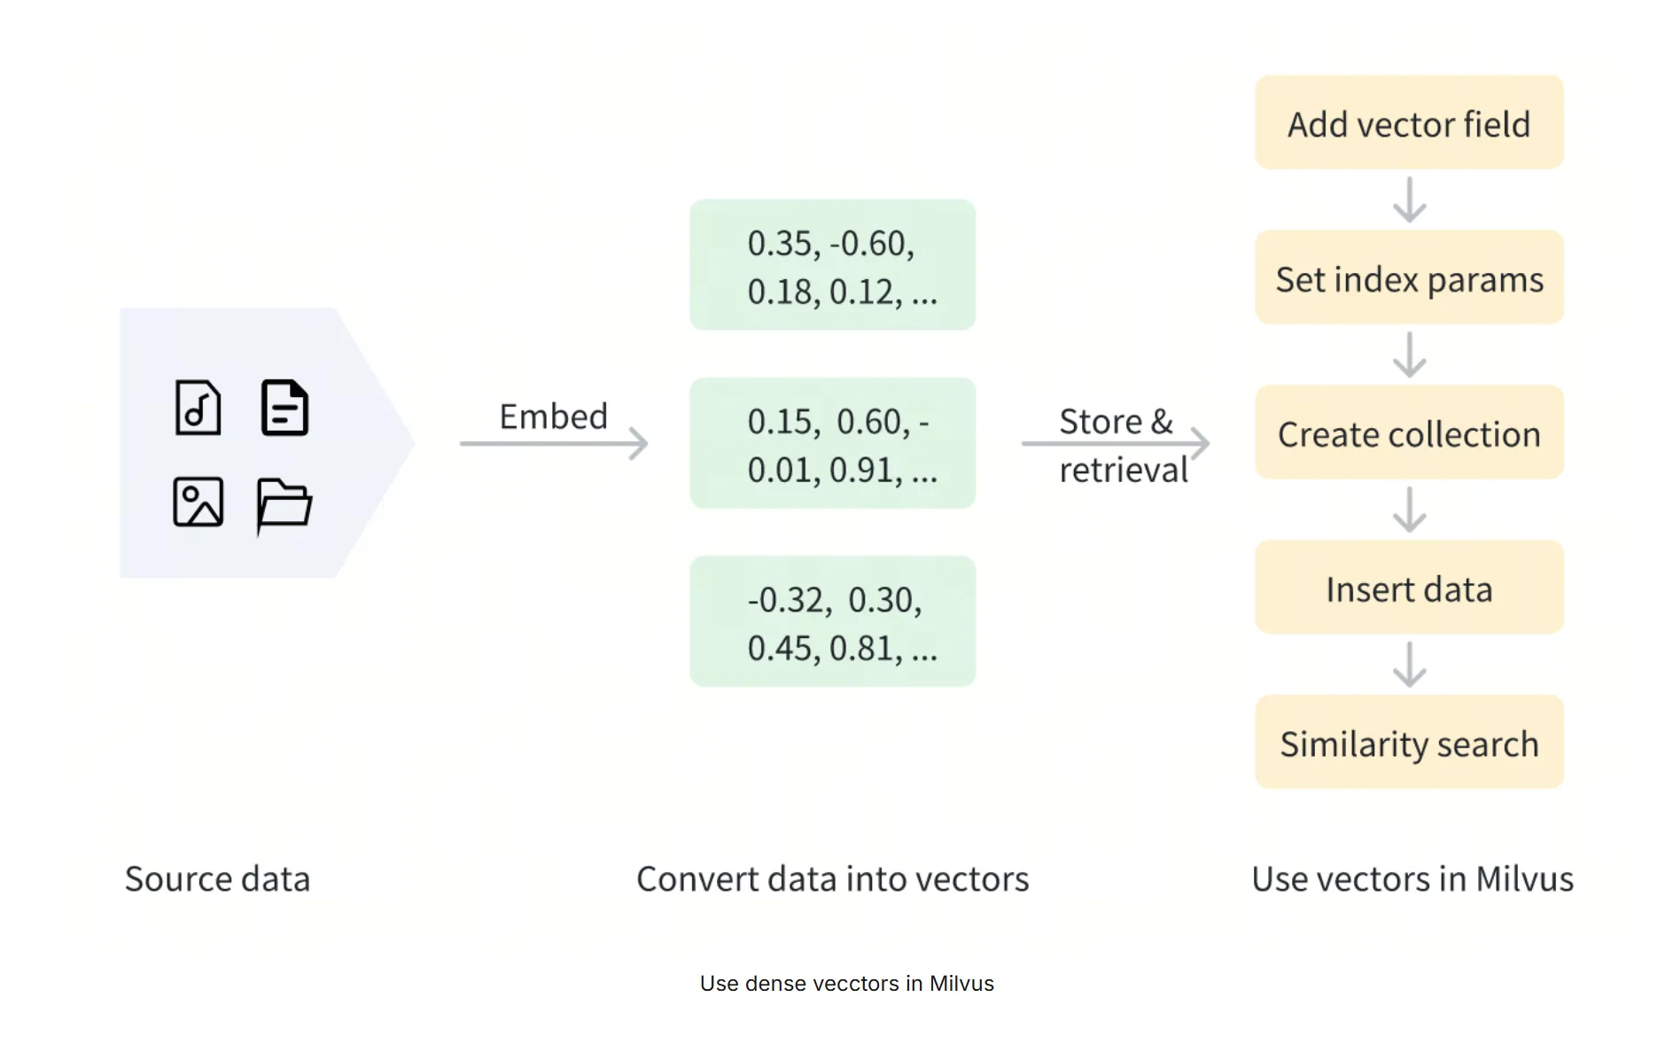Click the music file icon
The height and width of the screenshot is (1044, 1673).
pyautogui.click(x=198, y=408)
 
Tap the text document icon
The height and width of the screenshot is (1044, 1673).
pyautogui.click(x=284, y=408)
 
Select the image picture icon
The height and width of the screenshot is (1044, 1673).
pyautogui.click(x=198, y=502)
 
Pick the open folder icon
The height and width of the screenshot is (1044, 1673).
pyautogui.click(x=284, y=505)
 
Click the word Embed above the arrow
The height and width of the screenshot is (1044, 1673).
pyautogui.click(x=553, y=417)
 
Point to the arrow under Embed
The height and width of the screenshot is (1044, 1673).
pyautogui.click(x=554, y=443)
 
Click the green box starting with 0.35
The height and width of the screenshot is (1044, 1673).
pyautogui.click(x=833, y=265)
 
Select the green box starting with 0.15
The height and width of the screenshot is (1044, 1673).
pyautogui.click(x=833, y=443)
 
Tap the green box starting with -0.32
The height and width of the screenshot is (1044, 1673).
pyautogui.click(x=833, y=621)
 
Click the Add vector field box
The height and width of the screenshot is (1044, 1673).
pyautogui.click(x=1409, y=122)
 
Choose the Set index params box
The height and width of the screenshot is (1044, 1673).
pyautogui.click(x=1409, y=277)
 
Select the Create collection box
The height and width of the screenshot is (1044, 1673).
pyautogui.click(x=1409, y=432)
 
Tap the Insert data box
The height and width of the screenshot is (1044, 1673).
pyautogui.click(x=1409, y=588)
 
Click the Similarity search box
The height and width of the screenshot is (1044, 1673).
pyautogui.click(x=1409, y=743)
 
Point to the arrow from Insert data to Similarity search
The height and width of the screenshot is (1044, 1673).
pyautogui.click(x=1409, y=665)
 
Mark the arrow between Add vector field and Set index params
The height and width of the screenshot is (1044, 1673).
pyautogui.click(x=1409, y=199)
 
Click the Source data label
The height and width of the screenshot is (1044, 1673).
pyautogui.click(x=217, y=879)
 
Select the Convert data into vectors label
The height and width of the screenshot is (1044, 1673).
pyautogui.click(x=833, y=879)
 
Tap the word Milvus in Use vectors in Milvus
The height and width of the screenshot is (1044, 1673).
pyautogui.click(x=1524, y=879)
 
